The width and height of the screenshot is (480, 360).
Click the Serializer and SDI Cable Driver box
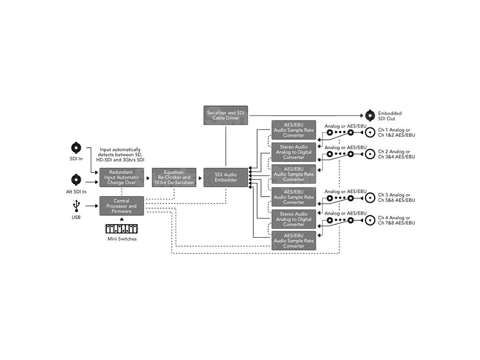pos(226,115)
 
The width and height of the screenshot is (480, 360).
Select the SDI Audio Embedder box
pos(225,177)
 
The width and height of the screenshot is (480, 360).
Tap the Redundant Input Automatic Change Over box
pos(122,177)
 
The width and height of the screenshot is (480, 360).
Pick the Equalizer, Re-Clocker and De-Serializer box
pos(173,177)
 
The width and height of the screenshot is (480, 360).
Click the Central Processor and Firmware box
pos(121,206)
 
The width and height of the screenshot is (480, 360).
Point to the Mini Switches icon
pos(121,229)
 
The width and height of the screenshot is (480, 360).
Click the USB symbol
pos(76,206)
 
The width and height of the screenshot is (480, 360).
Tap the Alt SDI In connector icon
pos(76,179)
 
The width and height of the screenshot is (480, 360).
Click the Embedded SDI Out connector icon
pos(370,115)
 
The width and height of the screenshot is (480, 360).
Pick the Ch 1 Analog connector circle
pos(370,133)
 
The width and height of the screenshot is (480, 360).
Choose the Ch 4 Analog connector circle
pos(370,220)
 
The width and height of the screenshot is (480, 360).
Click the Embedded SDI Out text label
pos(390,116)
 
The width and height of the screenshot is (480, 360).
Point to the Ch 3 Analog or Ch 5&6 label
pos(397,198)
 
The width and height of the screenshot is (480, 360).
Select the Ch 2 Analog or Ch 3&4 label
pos(397,154)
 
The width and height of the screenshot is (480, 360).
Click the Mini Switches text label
pos(121,239)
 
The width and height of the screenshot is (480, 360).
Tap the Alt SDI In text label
pos(76,192)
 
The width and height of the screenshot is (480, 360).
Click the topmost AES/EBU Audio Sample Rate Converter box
pos(294,129)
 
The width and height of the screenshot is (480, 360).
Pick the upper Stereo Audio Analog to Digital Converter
pos(294,152)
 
